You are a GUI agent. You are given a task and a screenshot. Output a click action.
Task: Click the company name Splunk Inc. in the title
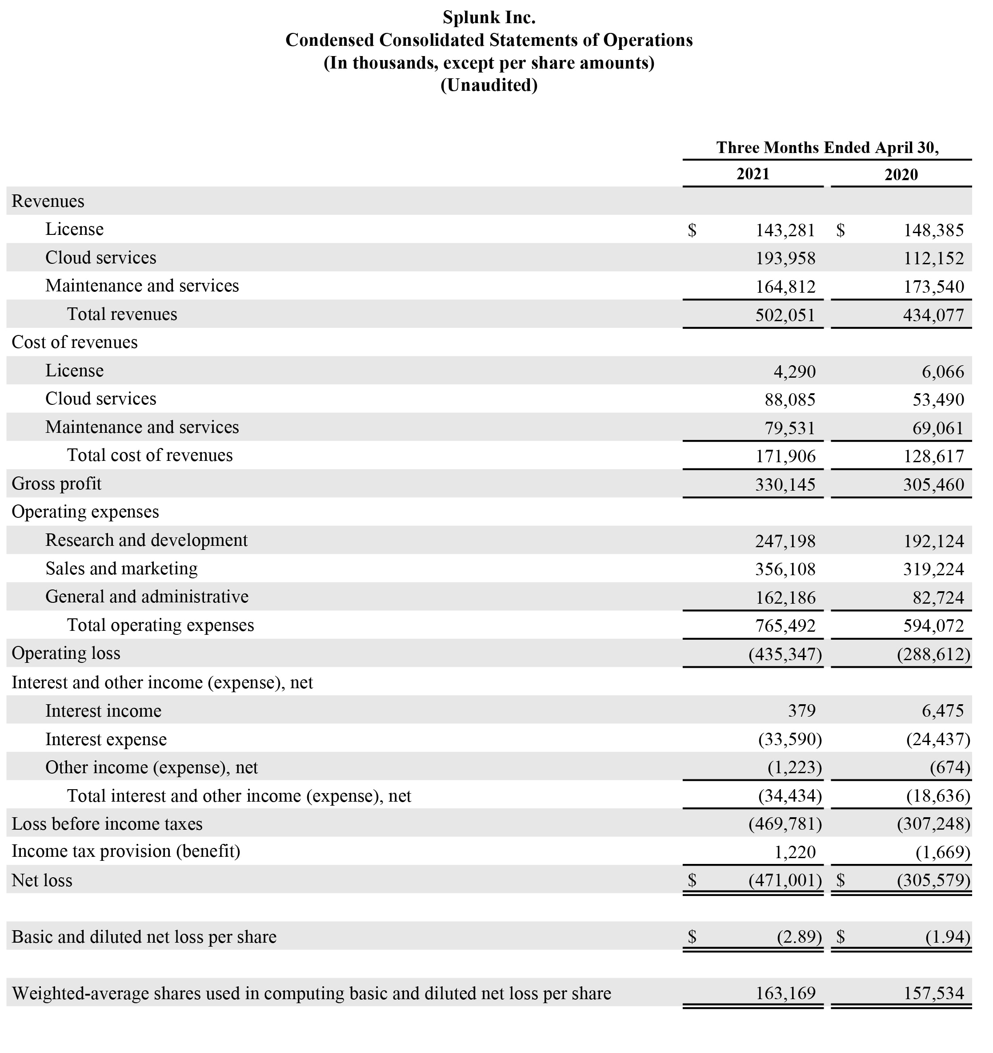click(488, 17)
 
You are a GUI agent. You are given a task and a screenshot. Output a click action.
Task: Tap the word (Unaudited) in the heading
click(488, 85)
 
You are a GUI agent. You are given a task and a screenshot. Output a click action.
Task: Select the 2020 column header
click(901, 174)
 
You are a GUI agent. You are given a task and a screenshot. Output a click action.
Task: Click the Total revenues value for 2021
click(785, 315)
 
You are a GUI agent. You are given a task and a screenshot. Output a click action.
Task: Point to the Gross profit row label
click(56, 484)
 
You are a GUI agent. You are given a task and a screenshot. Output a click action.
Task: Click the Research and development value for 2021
click(785, 541)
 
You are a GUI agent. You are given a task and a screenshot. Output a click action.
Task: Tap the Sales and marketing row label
click(121, 569)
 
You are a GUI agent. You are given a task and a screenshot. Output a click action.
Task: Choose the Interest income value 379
click(801, 711)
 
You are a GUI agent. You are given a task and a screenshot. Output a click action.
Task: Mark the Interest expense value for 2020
click(938, 739)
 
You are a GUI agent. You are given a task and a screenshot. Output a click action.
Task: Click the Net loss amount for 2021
click(785, 880)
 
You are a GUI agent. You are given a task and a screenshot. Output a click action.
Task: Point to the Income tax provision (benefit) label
click(126, 851)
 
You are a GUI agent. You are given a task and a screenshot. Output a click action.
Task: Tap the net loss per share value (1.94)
click(948, 937)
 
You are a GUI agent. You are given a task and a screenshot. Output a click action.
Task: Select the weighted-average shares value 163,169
click(785, 993)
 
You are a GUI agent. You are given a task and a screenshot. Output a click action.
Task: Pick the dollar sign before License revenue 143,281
click(692, 230)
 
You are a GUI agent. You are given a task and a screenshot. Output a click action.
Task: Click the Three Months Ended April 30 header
click(827, 147)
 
